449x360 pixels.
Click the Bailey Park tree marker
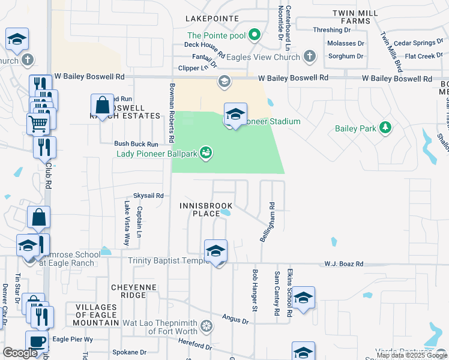(x=385, y=127)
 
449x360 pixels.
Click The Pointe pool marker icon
(x=254, y=35)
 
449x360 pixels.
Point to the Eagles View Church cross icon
(x=309, y=57)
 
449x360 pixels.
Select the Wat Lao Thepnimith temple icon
(x=206, y=326)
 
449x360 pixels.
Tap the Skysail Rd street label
(x=148, y=196)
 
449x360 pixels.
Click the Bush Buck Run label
(x=136, y=144)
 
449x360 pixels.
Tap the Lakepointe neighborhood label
(x=208, y=19)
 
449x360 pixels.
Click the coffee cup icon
(x=37, y=341)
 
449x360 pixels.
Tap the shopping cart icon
(x=38, y=124)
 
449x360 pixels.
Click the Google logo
(x=20, y=353)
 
